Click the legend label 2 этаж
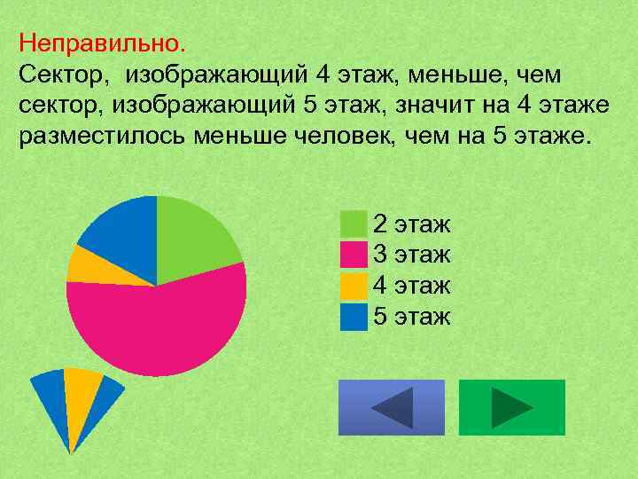(x=412, y=224)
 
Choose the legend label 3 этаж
(x=412, y=255)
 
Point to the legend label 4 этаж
(x=412, y=286)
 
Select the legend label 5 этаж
(x=412, y=316)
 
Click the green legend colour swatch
(x=354, y=224)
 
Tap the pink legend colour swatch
(x=354, y=255)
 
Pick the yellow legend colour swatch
(x=354, y=286)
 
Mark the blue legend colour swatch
(x=354, y=316)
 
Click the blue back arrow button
(x=392, y=407)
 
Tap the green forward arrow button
(x=512, y=407)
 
